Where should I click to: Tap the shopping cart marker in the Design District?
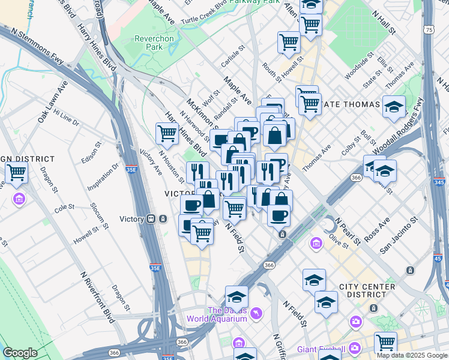coord(17,173)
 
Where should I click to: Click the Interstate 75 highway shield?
coord(428,29)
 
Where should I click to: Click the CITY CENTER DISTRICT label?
coord(362,290)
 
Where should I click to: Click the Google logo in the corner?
coord(20,353)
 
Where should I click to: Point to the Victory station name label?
coord(132,219)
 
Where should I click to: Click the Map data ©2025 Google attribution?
coord(411,355)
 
